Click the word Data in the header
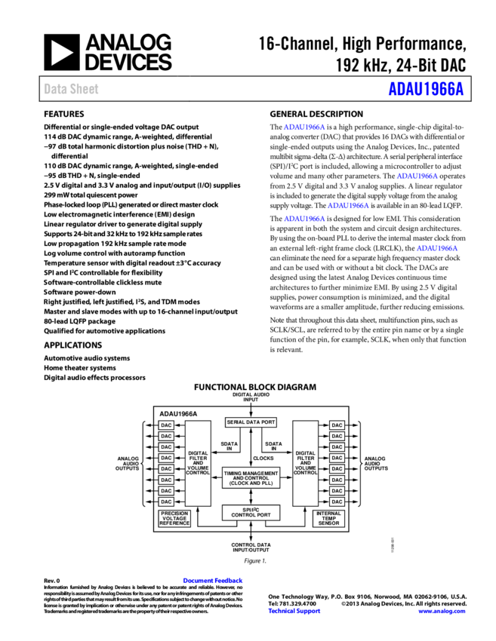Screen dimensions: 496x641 pos(54,89)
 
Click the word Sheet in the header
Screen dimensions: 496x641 pos(84,89)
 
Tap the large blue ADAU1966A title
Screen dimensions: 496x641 pos(426,89)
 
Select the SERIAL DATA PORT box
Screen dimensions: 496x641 pos(251,422)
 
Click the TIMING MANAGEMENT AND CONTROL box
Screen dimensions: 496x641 pos(251,478)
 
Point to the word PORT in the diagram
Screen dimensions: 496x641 pos(267,422)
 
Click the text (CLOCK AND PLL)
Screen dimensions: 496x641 pos(251,483)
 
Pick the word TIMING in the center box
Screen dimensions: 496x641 pos(234,473)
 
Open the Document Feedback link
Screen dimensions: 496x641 pos(212,581)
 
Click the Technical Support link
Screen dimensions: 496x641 pos(294,612)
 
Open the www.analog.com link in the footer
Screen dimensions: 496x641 pos(442,612)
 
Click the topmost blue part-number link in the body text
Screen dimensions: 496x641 pos(304,127)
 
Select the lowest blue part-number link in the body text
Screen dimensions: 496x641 pos(437,248)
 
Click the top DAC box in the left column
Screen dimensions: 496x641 pos(166,425)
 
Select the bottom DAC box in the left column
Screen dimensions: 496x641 pos(166,501)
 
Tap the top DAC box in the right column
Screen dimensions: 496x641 pos(337,425)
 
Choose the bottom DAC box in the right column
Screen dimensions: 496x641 pos(337,501)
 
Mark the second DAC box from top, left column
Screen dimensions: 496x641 pos(166,436)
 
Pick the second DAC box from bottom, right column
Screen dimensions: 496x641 pos(337,491)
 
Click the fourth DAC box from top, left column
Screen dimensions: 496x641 pos(166,458)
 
